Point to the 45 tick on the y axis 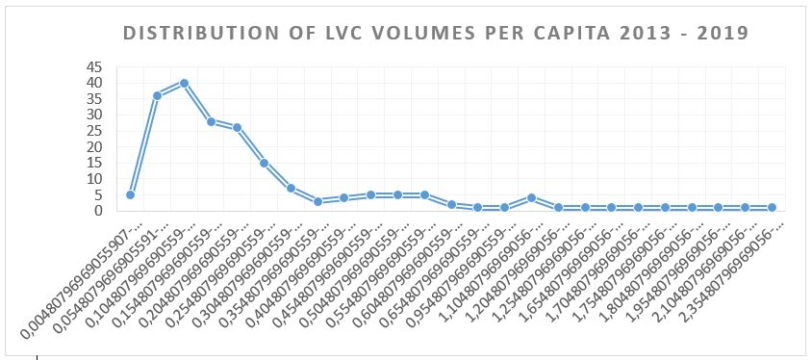point(96,67)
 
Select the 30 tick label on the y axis point(96,115)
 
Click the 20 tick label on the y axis point(96,146)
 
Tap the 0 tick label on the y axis point(100,210)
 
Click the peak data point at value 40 point(184,83)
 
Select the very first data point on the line point(130,194)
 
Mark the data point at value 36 point(157,95)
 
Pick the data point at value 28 point(211,121)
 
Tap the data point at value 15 point(264,163)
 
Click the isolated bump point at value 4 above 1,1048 point(531,197)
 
